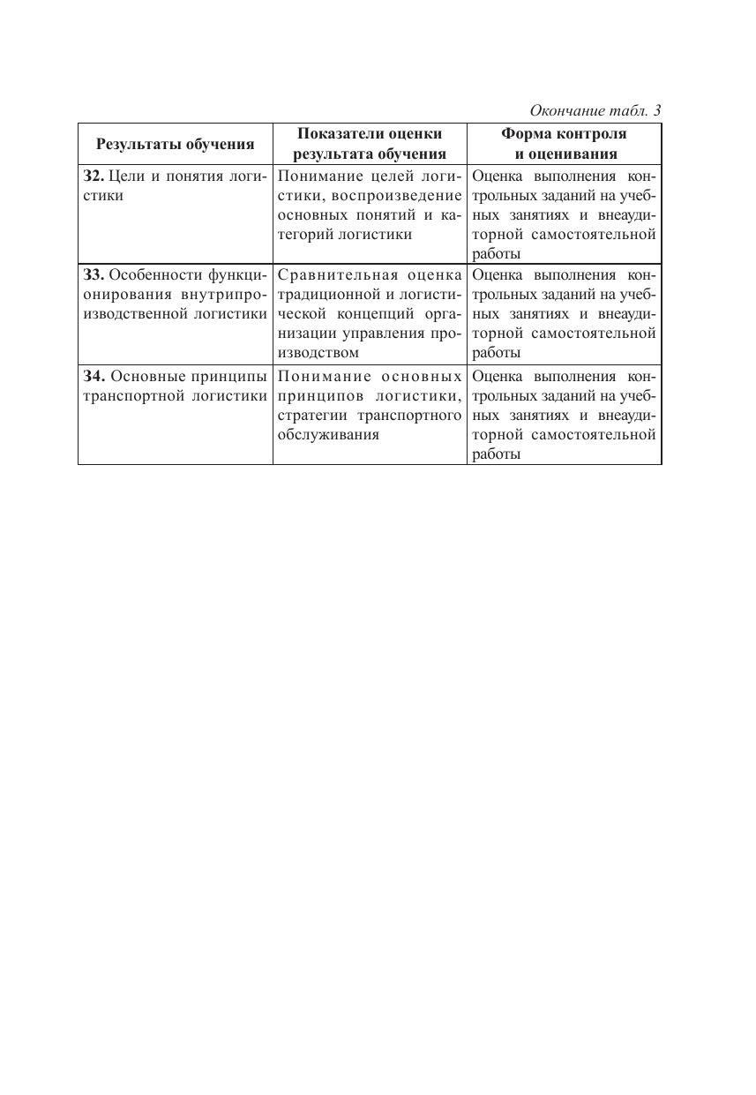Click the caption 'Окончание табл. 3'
coord(595,110)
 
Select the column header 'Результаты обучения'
coord(175,144)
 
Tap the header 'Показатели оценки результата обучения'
coord(369,143)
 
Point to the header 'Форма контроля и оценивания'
coord(564,143)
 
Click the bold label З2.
coord(93,176)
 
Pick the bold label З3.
coord(93,274)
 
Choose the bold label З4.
coord(93,376)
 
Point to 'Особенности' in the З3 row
coord(155,274)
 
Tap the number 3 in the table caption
coord(656,110)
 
